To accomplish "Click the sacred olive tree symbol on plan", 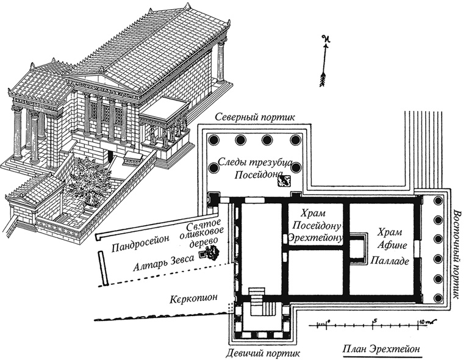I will click(x=213, y=254).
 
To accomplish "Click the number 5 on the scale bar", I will click(x=375, y=320).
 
